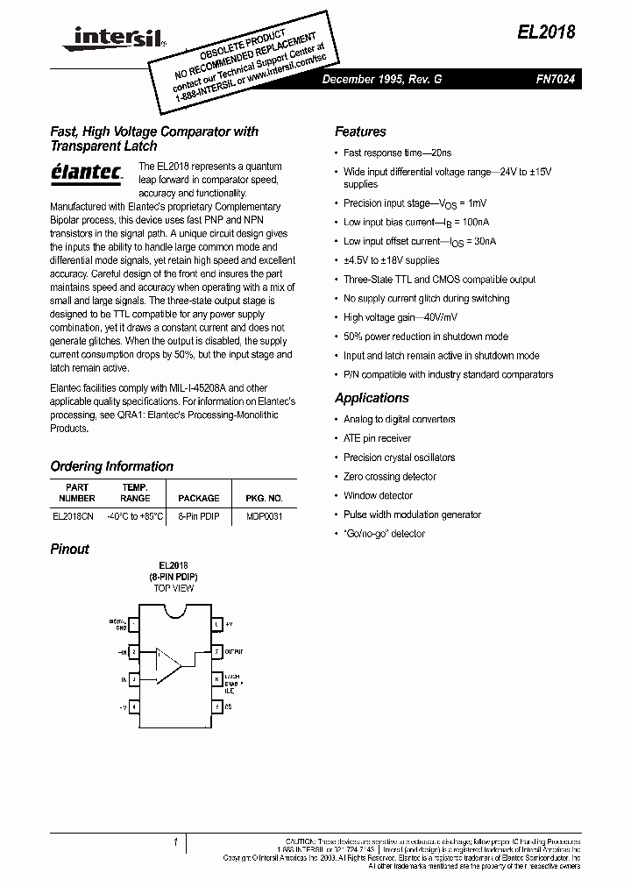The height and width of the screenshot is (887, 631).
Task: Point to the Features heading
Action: coord(360,131)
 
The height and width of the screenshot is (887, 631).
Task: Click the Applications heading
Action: coord(372,398)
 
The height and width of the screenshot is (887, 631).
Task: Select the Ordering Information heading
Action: coord(111,466)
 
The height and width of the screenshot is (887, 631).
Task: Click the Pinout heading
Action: coord(69,549)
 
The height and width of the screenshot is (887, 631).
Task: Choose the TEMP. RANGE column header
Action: coord(135,493)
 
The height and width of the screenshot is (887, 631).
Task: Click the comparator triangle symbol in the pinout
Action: coord(167,664)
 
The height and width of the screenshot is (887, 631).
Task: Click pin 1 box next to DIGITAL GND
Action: coord(134,624)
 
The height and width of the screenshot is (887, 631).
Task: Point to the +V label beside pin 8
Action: coord(229,624)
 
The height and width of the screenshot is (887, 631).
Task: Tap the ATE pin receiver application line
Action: coord(377,438)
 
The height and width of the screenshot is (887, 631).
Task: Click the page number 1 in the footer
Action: coord(176,842)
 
